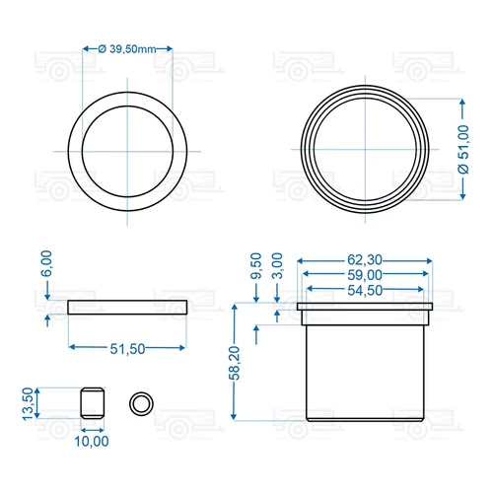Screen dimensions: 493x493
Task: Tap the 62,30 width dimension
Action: (x=365, y=260)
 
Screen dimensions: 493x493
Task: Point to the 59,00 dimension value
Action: (x=365, y=276)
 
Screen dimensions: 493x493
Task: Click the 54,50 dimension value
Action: (x=365, y=291)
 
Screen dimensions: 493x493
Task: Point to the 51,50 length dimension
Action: (x=128, y=349)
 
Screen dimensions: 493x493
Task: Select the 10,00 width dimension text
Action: (x=92, y=441)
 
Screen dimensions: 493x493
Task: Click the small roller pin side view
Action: (x=92, y=403)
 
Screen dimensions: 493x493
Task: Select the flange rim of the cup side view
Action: (x=365, y=310)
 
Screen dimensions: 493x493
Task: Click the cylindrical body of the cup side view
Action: (x=365, y=370)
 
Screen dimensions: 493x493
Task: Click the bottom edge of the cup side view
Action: (x=365, y=422)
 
